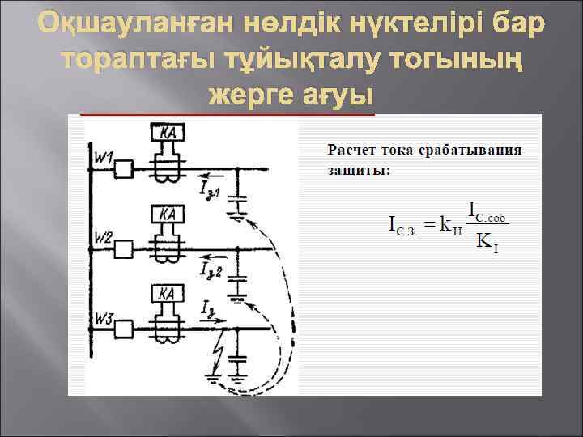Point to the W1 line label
(103, 155)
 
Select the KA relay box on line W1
(168, 133)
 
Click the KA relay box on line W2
(168, 214)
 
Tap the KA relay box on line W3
(168, 293)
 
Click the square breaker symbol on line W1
(124, 170)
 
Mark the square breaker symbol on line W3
(124, 329)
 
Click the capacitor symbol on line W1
(236, 199)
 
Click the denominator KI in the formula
(487, 241)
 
